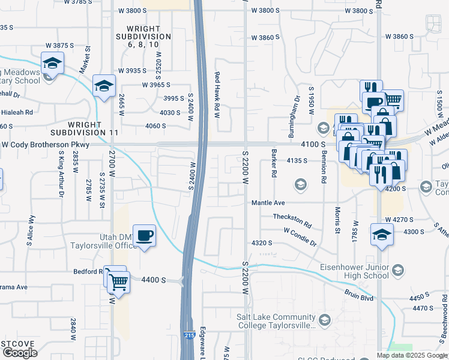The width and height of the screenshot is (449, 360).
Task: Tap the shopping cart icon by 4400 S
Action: tap(118, 281)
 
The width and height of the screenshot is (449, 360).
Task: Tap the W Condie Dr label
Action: tap(300, 236)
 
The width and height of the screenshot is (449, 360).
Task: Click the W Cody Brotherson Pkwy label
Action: tap(45, 145)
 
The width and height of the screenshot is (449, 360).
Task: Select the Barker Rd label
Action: tap(274, 163)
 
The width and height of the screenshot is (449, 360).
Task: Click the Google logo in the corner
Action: tap(20, 352)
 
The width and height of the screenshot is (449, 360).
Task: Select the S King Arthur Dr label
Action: tap(61, 169)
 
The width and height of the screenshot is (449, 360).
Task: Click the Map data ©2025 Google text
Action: tap(412, 355)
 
